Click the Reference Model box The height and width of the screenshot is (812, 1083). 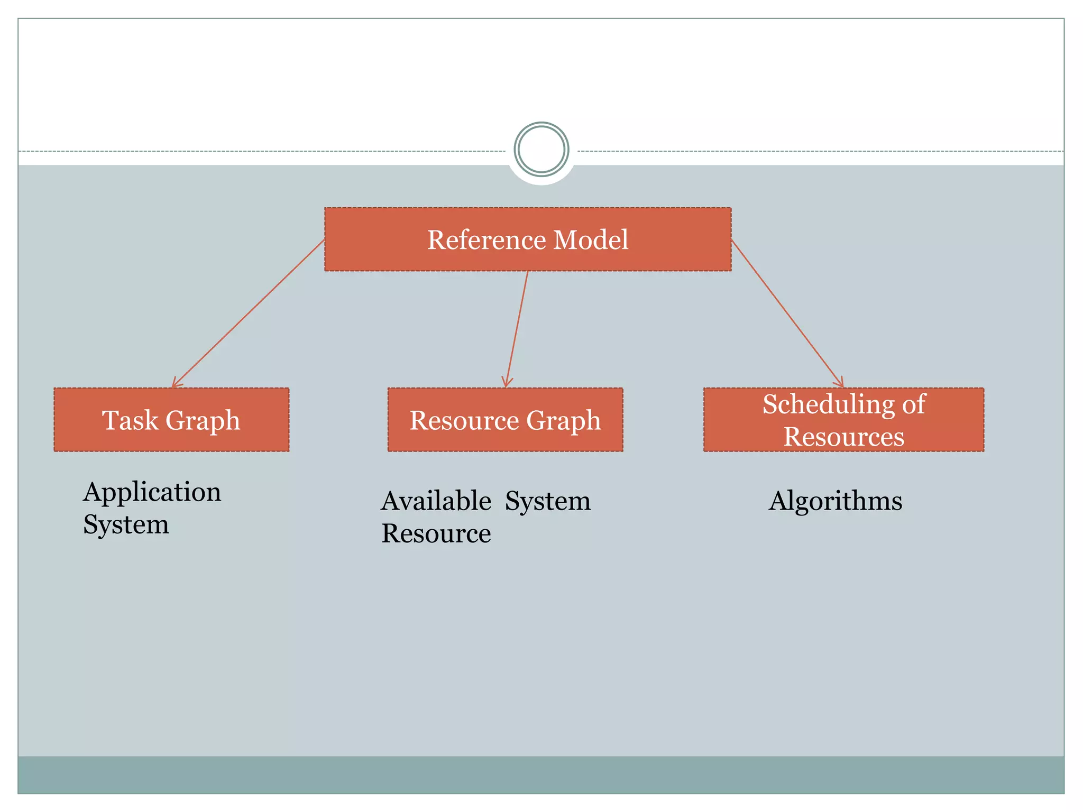coord(528,239)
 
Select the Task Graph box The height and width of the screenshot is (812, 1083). coord(171,420)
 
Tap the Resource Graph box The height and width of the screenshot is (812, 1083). coord(505,420)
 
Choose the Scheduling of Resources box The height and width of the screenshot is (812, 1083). coord(843,420)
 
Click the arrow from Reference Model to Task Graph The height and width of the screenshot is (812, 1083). coord(249,313)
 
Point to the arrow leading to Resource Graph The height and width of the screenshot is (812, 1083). coord(517,329)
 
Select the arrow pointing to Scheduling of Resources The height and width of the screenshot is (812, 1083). coord(787,313)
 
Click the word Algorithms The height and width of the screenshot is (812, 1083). coord(836,501)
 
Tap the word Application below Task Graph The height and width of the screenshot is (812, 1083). coord(152,492)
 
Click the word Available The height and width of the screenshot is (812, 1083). coord(436,501)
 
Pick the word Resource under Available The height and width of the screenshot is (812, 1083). coord(436,533)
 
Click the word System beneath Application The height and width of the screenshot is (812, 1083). coord(126,524)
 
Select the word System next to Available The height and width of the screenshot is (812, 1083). coord(548,501)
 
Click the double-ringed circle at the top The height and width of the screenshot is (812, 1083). coord(541,150)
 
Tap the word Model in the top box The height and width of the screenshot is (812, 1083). coord(591,239)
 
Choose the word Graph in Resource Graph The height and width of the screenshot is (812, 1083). coord(564,421)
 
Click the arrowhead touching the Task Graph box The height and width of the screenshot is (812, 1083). coord(175,384)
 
